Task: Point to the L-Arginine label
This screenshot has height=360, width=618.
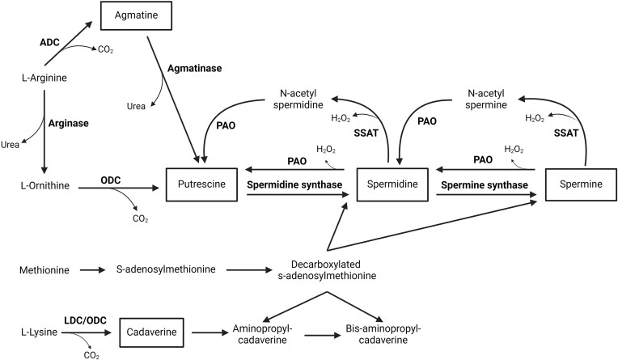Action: [44, 78]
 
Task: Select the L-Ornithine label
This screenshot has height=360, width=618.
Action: [45, 185]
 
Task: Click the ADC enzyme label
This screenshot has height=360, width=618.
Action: [49, 42]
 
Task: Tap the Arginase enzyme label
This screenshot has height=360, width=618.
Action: [69, 124]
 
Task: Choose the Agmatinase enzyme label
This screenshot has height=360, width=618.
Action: [195, 68]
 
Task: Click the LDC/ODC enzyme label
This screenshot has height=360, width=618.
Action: [85, 320]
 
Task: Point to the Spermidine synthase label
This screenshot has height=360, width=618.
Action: [294, 184]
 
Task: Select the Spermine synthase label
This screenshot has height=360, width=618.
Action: [485, 185]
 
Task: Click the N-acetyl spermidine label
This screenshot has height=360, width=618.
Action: [298, 99]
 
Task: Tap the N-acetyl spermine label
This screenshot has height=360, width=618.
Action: [486, 99]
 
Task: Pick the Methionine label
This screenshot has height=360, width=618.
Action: [44, 270]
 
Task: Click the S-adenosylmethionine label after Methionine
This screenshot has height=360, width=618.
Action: [166, 269]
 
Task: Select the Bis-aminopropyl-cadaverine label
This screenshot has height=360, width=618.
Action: [383, 334]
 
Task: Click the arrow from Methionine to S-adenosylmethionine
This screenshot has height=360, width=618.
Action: [93, 270]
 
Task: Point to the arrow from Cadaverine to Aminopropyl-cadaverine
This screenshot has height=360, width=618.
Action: [210, 332]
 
